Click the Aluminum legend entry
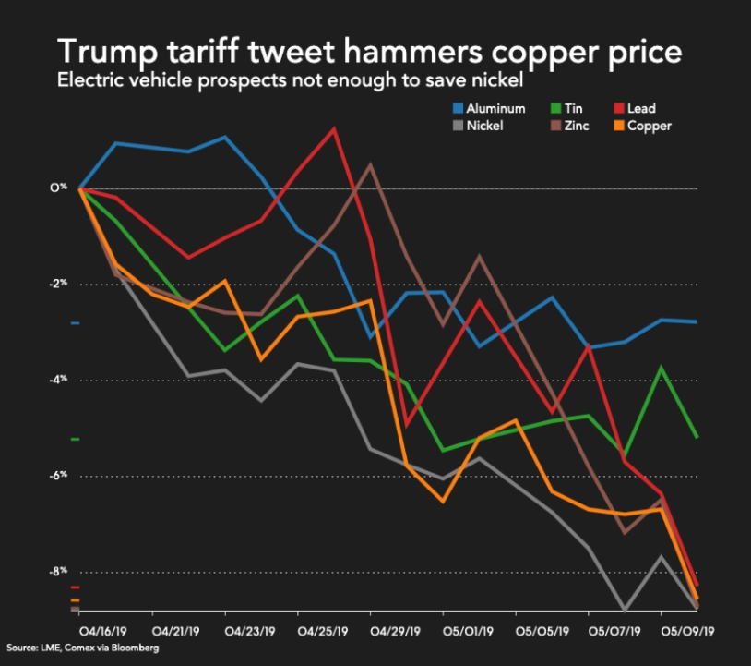coord(489,108)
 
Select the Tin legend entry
coord(566,108)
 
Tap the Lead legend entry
coord(635,108)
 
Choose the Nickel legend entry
coord(478,126)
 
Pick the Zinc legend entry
coord(570,126)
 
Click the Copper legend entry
coord(643,127)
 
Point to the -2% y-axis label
coord(58,283)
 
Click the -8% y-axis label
coord(58,571)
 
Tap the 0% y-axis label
coord(58,187)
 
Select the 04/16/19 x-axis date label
coord(102,631)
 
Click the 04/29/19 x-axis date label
coord(395,631)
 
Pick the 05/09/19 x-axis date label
coord(687,631)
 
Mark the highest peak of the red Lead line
coord(334,128)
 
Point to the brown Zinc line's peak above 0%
coord(370,165)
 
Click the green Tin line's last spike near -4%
coord(661,368)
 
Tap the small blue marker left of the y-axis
coord(76,323)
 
